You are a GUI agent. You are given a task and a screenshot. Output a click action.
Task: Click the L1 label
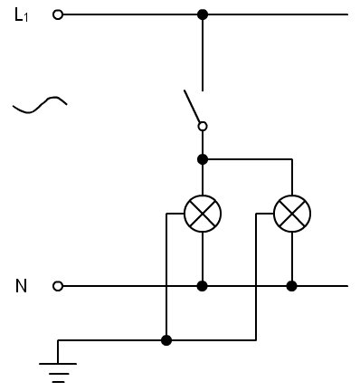(x=21, y=14)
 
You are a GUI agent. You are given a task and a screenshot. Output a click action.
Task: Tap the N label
(x=21, y=286)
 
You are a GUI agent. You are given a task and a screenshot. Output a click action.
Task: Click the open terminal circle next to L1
(x=58, y=14)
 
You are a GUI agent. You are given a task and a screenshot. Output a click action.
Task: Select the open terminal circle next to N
(x=58, y=286)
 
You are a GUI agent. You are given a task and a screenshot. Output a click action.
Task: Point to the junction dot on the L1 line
(x=203, y=14)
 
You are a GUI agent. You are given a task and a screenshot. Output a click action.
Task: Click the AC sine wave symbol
(x=40, y=105)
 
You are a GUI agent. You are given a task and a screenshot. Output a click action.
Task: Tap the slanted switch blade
(x=192, y=106)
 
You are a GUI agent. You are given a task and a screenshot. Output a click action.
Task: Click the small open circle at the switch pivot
(x=203, y=126)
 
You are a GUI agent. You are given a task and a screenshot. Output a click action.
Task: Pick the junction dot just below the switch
(x=203, y=159)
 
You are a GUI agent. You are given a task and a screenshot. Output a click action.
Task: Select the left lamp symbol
(x=203, y=214)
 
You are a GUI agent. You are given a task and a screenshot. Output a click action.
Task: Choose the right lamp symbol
(x=292, y=214)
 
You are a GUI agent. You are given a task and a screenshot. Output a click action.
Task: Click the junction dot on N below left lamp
(x=203, y=286)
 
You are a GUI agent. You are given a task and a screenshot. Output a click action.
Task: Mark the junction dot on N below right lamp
(x=291, y=286)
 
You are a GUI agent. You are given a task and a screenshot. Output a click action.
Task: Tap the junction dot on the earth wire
(x=166, y=340)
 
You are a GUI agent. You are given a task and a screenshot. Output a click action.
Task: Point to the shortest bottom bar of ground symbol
(x=58, y=382)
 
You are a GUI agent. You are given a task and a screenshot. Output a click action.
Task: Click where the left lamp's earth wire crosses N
(x=166, y=286)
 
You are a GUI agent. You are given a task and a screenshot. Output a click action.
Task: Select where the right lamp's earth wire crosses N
(x=256, y=286)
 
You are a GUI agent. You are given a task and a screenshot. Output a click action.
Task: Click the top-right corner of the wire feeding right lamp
(x=292, y=159)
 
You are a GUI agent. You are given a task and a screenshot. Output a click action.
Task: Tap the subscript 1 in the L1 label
(x=26, y=18)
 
